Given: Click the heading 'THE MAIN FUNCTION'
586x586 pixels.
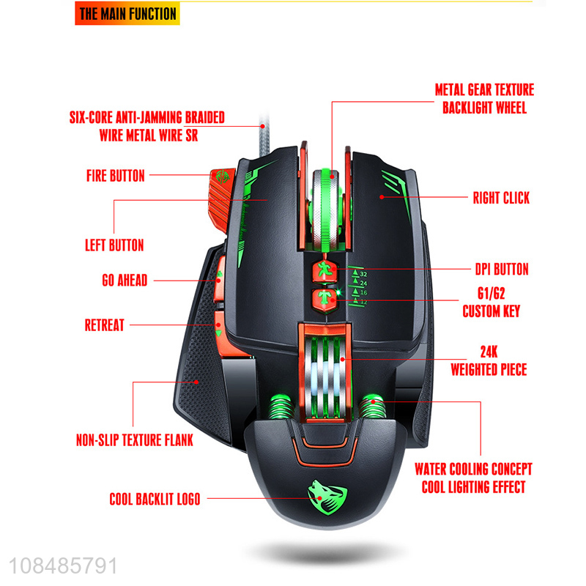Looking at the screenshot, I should (x=127, y=14).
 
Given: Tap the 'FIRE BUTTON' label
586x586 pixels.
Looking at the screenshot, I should (x=116, y=176).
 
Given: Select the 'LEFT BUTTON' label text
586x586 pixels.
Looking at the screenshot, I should (x=116, y=245).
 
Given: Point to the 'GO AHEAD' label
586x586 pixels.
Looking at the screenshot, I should (x=125, y=280).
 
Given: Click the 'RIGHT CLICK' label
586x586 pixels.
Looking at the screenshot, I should (x=501, y=198).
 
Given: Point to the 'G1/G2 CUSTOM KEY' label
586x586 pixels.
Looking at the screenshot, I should (x=491, y=303).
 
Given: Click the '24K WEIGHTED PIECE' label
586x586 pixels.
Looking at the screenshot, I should (x=489, y=362).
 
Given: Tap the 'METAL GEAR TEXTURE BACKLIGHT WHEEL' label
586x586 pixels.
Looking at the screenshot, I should (x=484, y=99).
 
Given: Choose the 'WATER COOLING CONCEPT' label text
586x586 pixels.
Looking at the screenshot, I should (x=473, y=469).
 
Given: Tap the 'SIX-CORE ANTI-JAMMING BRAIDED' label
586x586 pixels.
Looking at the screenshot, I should (x=146, y=117).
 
